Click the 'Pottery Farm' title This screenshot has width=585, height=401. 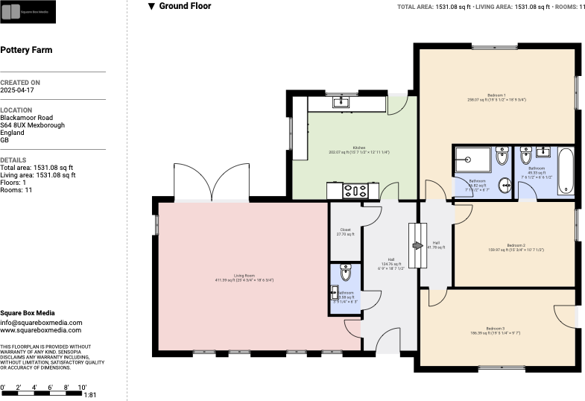26,51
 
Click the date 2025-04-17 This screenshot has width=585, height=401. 17,89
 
